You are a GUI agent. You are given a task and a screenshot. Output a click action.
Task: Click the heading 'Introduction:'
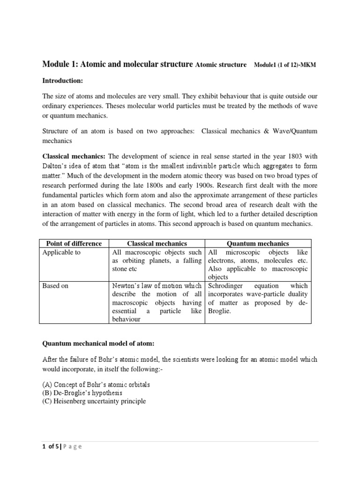coord(62,81)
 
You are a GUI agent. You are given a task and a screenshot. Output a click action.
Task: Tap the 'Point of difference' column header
coord(74,243)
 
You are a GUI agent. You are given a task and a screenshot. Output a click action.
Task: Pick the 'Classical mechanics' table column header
coord(157,243)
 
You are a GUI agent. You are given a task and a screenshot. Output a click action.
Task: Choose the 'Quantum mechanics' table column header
coord(257,243)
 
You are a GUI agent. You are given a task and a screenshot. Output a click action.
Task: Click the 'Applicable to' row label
coord(61,252)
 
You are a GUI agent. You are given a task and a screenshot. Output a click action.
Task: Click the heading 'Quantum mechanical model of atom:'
coord(98,344)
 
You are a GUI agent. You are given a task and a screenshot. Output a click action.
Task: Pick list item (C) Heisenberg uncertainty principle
coord(94,401)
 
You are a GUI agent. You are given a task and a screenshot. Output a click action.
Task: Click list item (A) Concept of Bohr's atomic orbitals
coord(96,384)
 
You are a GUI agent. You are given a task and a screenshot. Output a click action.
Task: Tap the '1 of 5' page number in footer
coord(52,447)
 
